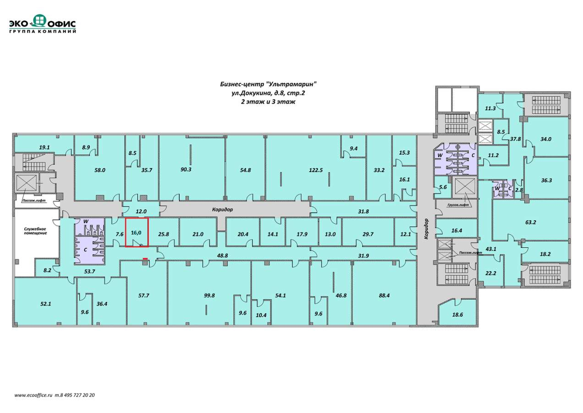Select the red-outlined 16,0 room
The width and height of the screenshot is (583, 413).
(x=137, y=232)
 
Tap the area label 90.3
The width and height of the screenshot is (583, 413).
(x=186, y=169)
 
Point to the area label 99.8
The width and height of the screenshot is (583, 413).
(x=209, y=296)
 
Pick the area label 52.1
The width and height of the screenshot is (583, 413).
(x=45, y=304)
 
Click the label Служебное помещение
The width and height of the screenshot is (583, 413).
(x=35, y=231)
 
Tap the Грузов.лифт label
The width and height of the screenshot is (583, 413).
(x=458, y=205)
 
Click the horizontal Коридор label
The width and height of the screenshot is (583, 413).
(x=222, y=209)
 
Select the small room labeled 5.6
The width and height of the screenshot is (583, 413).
(x=443, y=187)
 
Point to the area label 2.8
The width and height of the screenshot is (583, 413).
(x=519, y=190)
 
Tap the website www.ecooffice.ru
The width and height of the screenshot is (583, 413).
(x=33, y=395)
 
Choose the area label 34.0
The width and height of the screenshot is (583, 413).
(x=545, y=139)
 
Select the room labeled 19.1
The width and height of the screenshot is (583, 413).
(x=44, y=147)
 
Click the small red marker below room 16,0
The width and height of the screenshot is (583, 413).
(x=145, y=259)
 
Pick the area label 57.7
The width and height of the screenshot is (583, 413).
(x=143, y=296)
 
